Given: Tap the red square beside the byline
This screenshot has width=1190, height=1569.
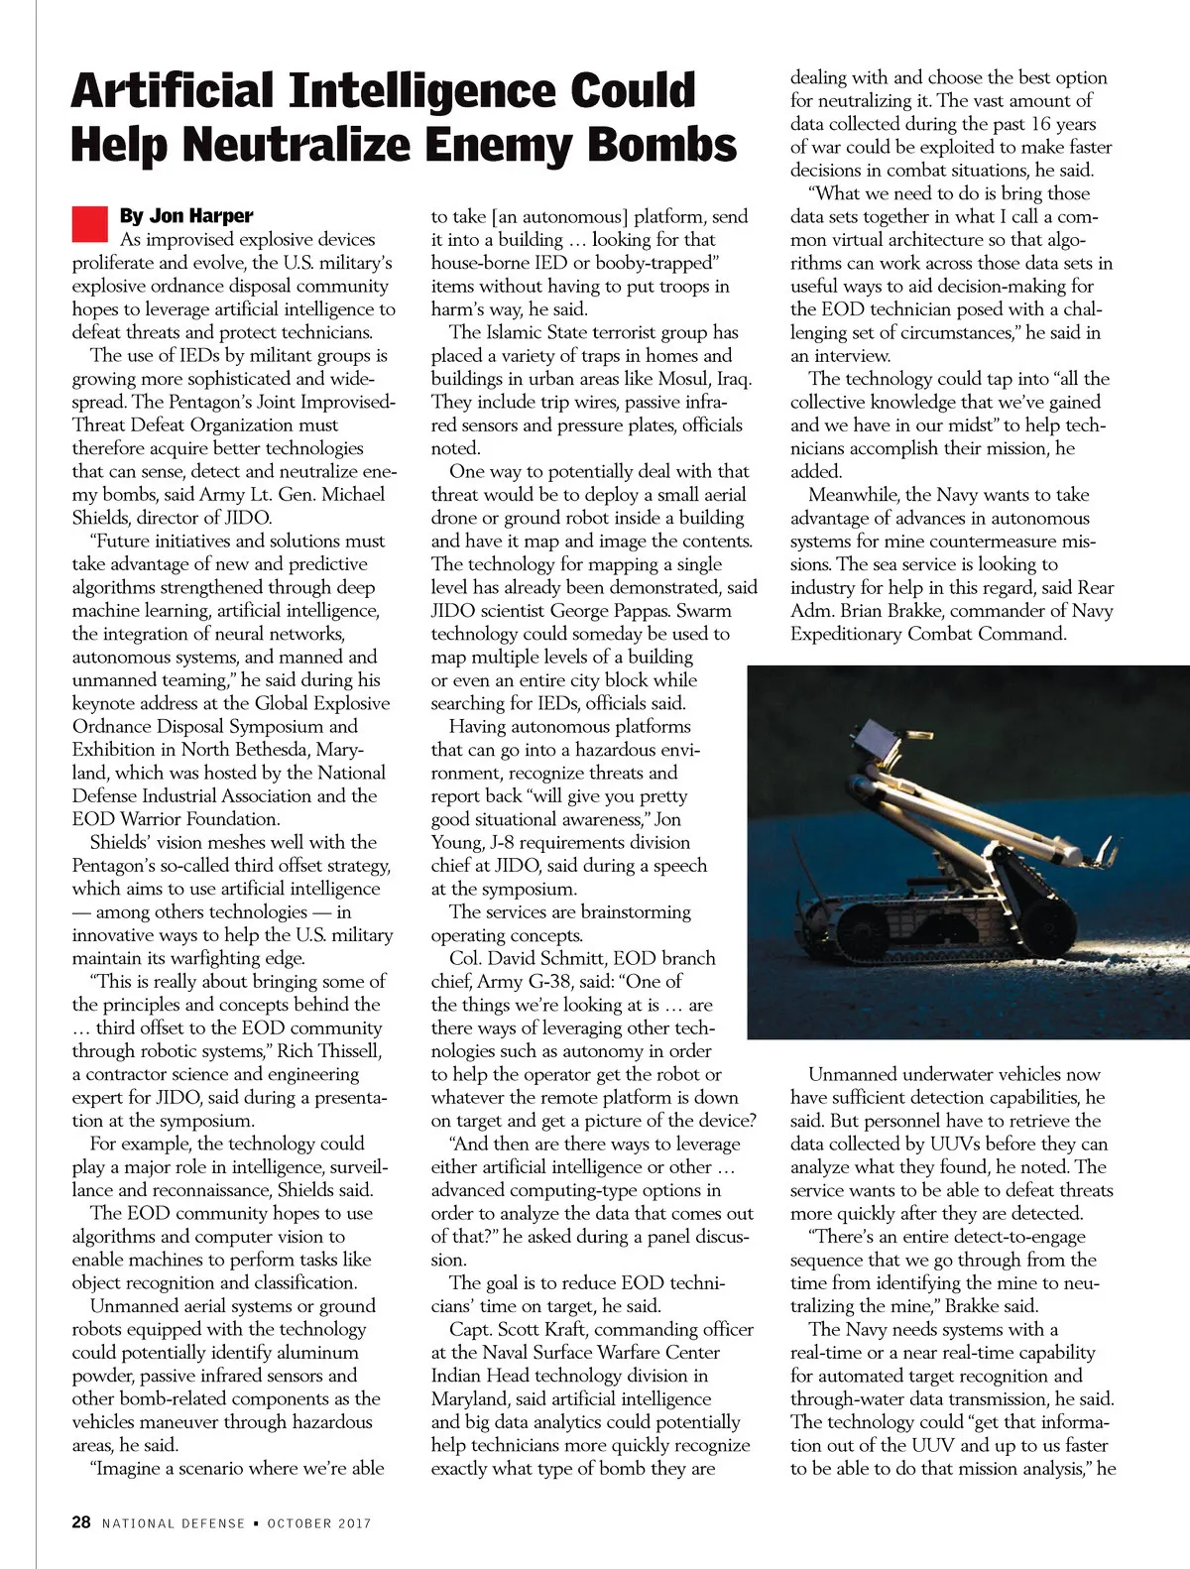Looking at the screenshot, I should pyautogui.click(x=89, y=223).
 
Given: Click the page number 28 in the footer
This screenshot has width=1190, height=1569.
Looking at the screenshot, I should pyautogui.click(x=81, y=1522).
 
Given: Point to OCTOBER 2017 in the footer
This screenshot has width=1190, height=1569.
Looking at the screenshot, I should pyautogui.click(x=318, y=1523).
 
